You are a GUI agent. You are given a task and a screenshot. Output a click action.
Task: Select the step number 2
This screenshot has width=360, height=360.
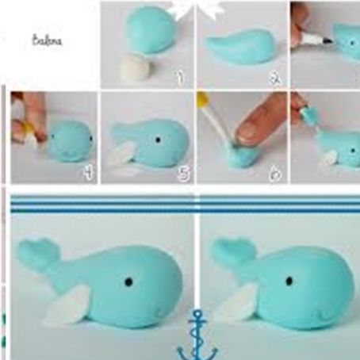(274, 78)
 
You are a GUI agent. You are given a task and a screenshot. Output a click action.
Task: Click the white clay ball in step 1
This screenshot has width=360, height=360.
(134, 70)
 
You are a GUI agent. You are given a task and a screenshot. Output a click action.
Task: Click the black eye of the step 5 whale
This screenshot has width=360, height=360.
(157, 139)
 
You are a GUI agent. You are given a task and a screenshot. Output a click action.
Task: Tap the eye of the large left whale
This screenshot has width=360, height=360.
(129, 281)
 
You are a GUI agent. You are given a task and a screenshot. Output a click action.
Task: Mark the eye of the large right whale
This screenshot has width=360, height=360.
(289, 281)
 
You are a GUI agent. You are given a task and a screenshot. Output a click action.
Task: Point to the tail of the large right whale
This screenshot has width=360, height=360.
(229, 252)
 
